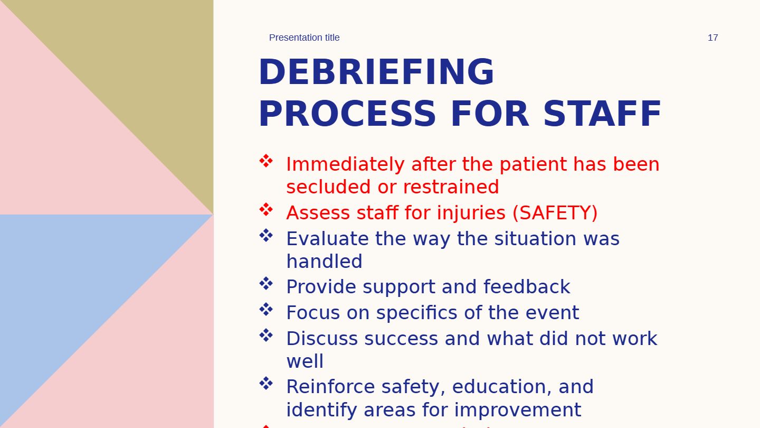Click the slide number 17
(x=712, y=38)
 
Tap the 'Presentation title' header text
(x=304, y=38)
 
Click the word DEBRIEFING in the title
(x=376, y=72)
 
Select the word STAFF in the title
(x=602, y=114)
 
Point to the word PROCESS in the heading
(x=347, y=114)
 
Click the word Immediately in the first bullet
(x=345, y=165)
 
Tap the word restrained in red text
(x=451, y=187)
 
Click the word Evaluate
(x=327, y=239)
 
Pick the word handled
(x=325, y=262)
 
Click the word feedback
(x=527, y=287)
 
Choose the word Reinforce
(x=330, y=387)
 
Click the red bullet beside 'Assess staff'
(x=266, y=210)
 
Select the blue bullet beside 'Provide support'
(x=266, y=284)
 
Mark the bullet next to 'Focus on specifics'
(x=266, y=310)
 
